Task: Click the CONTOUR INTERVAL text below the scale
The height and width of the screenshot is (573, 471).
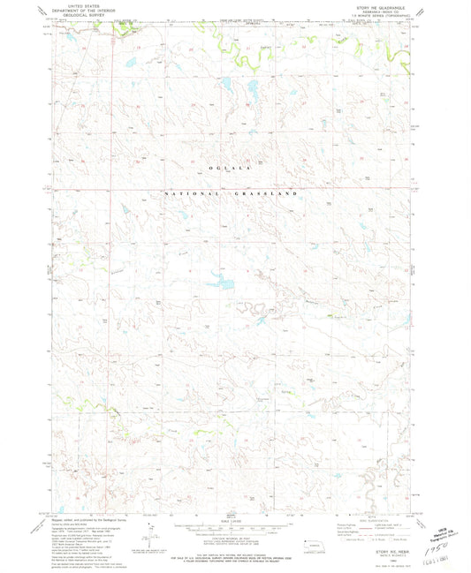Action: click(233, 539)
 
